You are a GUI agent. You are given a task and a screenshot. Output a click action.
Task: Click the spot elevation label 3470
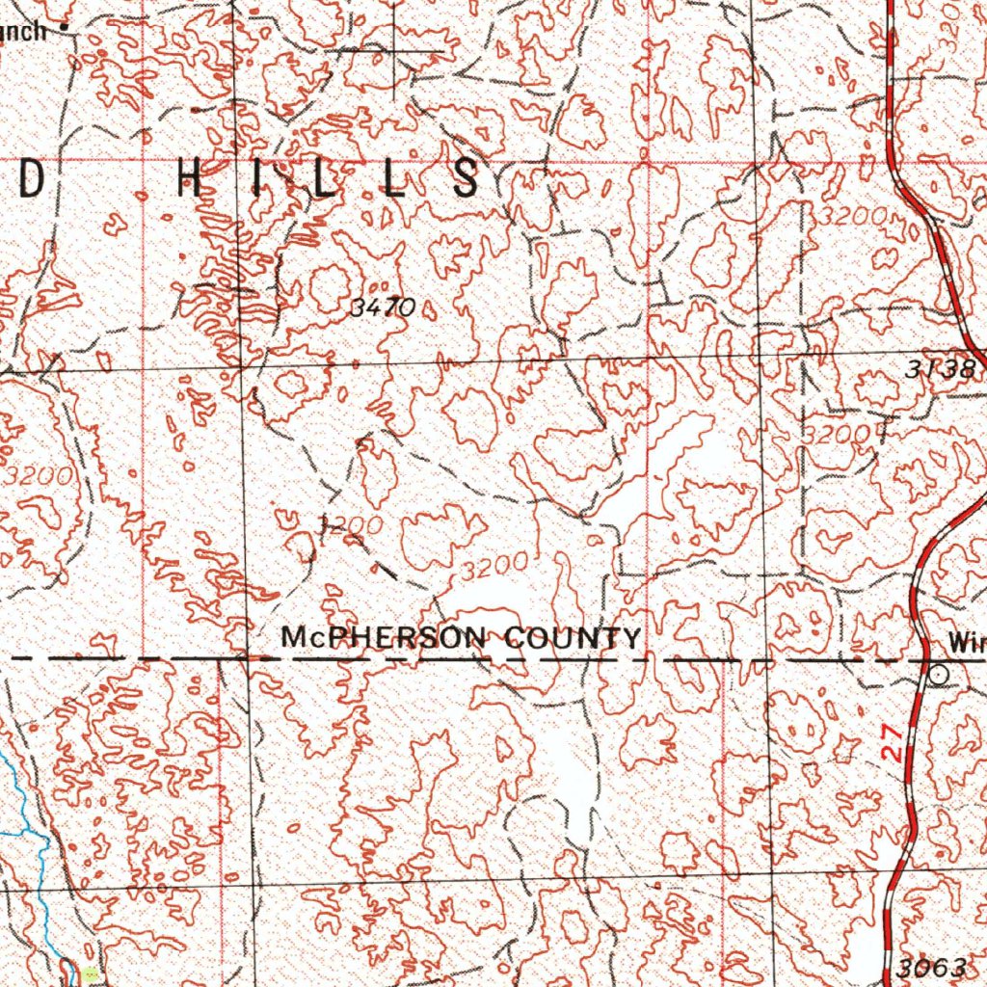[x=383, y=308]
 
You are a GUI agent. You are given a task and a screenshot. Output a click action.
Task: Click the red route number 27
[x=895, y=745]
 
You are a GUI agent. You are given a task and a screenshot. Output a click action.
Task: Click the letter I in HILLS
[x=257, y=179]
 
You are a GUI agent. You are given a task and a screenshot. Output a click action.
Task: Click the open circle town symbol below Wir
[x=938, y=675]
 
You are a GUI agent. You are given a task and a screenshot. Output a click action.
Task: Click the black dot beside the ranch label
[x=65, y=28]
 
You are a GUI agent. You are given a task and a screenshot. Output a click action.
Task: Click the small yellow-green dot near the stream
[x=91, y=974]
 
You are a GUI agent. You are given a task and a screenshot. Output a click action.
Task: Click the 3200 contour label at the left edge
[x=39, y=476]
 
